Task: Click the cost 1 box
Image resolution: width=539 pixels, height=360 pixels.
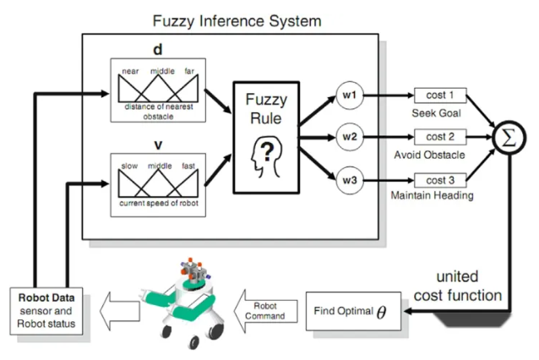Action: click(x=440, y=95)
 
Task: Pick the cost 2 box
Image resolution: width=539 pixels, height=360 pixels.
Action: click(x=440, y=136)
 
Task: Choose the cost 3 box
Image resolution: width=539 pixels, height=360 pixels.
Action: click(x=440, y=180)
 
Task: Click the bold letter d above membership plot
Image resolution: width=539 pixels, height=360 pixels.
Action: click(x=156, y=50)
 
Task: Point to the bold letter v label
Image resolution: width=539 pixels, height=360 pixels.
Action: click(x=156, y=145)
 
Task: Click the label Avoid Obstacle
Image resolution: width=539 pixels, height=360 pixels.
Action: click(x=435, y=155)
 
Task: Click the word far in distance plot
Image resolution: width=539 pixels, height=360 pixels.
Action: click(x=189, y=71)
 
